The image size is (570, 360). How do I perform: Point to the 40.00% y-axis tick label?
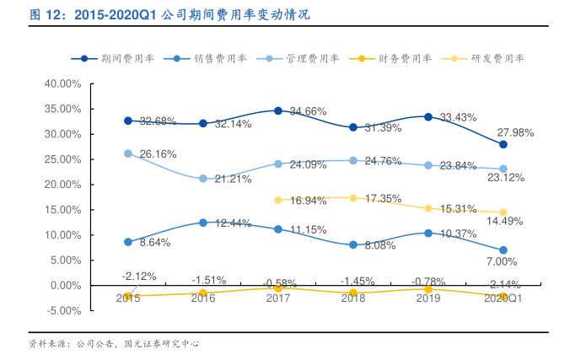point(61,83)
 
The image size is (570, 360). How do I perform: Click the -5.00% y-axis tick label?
point(61,310)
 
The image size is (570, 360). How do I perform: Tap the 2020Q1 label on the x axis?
point(503,297)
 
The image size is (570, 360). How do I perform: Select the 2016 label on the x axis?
point(202,297)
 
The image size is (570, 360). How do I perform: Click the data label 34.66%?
point(308,111)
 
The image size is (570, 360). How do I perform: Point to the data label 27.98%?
point(515,132)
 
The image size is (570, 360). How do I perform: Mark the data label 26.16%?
point(158,154)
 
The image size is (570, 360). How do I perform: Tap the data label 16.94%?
point(308,201)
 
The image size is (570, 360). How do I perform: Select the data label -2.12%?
point(138,276)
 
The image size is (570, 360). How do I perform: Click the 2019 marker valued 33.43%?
point(427,116)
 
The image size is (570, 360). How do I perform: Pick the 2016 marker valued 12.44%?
point(202,223)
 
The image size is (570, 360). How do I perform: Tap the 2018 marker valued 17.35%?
point(353,198)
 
